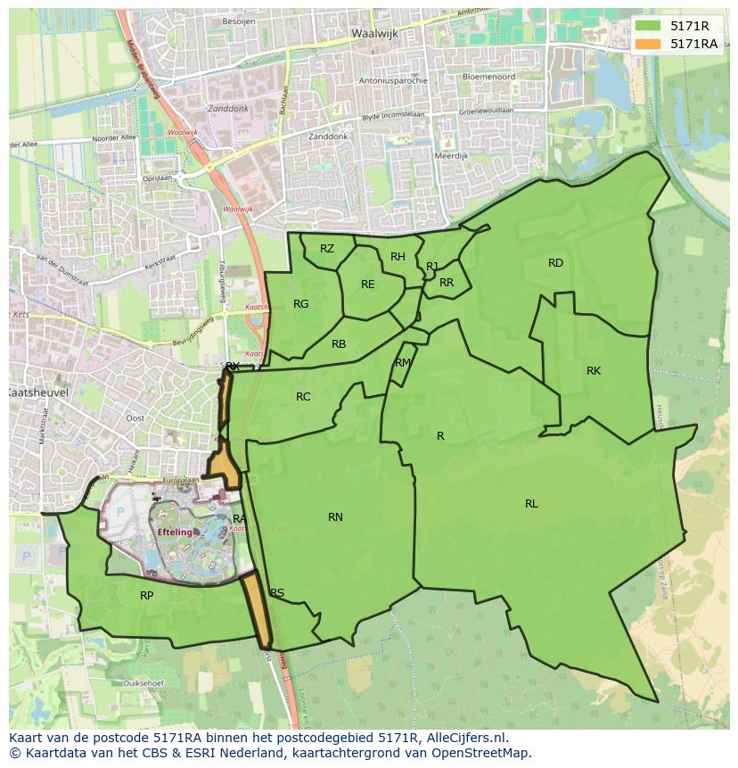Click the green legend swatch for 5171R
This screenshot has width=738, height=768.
tap(647, 26)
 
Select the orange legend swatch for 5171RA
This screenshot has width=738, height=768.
tap(647, 44)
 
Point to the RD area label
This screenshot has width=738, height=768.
tap(556, 262)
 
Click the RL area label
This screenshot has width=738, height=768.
tap(531, 504)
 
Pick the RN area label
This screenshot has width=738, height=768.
tap(335, 517)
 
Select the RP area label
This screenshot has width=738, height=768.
tap(147, 596)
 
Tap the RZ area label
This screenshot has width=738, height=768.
tap(327, 249)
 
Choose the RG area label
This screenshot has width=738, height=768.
tap(301, 304)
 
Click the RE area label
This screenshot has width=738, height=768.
tap(368, 285)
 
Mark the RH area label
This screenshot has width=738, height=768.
tap(398, 257)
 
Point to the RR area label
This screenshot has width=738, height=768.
tap(447, 283)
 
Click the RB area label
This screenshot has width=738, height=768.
tap(339, 344)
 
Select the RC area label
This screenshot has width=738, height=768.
tap(303, 397)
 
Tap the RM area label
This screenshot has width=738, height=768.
tap(403, 362)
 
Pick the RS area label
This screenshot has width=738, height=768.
tap(277, 593)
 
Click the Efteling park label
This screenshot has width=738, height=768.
tap(176, 533)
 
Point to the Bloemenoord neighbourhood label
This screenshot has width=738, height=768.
tap(489, 77)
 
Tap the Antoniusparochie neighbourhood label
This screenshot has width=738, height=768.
tap(393, 80)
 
